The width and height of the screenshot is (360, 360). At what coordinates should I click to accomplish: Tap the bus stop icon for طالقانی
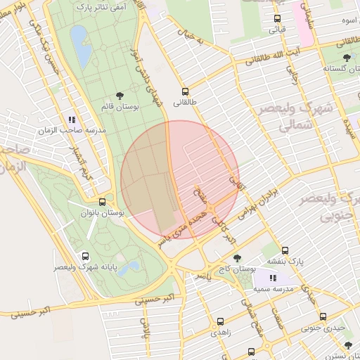(185, 91)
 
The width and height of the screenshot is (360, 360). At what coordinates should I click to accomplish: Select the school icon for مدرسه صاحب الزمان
(71, 119)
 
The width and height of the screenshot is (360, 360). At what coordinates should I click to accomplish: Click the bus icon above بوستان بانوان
(103, 202)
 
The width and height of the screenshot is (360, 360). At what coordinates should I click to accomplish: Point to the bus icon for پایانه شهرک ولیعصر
(86, 257)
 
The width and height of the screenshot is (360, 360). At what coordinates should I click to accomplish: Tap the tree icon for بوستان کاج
(237, 258)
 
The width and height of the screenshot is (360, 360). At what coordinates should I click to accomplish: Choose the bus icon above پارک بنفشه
(285, 250)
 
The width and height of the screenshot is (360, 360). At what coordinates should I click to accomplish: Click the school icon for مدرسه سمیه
(273, 278)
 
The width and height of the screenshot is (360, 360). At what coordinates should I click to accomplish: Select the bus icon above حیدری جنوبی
(323, 316)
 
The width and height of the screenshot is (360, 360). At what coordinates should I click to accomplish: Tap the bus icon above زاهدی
(220, 321)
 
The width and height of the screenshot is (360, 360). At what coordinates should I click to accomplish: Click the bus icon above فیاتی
(277, 19)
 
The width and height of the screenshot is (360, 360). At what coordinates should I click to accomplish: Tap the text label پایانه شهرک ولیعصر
(86, 268)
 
